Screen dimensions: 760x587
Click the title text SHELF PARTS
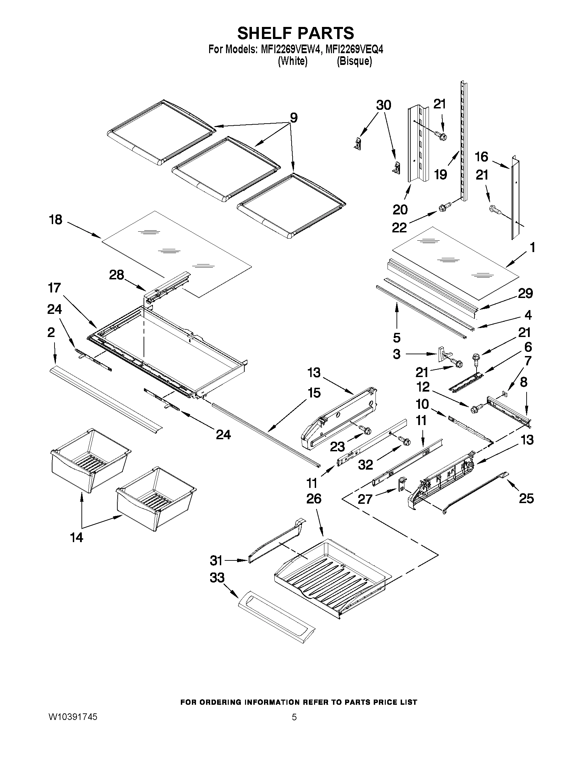(296, 33)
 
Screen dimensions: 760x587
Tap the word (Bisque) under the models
(354, 61)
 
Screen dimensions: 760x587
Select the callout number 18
(56, 220)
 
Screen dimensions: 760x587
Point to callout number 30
(383, 105)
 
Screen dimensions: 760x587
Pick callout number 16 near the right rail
(481, 157)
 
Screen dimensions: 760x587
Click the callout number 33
(217, 578)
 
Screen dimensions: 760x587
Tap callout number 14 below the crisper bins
(77, 537)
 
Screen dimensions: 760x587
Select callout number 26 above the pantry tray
(314, 499)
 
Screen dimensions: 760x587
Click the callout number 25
(526, 498)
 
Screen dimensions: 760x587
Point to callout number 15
(314, 393)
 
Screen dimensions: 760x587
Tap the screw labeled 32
(404, 441)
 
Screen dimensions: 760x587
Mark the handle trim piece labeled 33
(276, 619)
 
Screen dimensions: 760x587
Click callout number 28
(117, 275)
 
